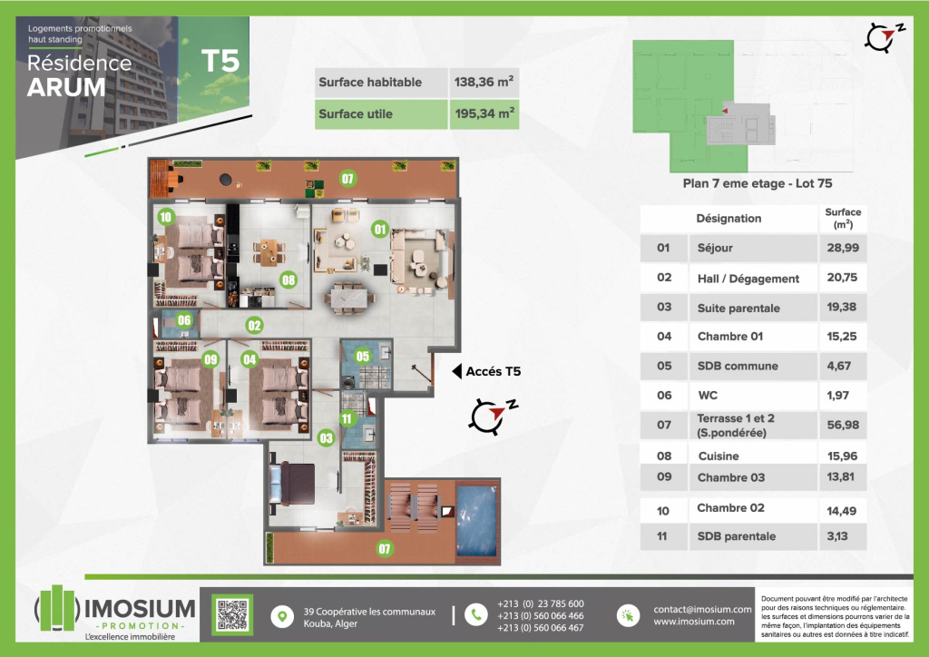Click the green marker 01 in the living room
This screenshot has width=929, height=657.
[380, 230]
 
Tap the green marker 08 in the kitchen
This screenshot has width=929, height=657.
[288, 279]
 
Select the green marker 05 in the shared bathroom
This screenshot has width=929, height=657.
[363, 356]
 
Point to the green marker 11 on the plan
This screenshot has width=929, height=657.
[347, 419]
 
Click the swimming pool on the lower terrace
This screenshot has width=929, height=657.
[475, 521]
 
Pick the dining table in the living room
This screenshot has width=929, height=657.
[350, 296]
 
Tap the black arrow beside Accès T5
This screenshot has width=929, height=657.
[457, 371]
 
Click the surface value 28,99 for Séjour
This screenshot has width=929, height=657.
[843, 248]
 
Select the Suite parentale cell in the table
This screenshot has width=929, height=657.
[738, 308]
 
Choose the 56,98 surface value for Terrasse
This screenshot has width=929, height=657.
[843, 425]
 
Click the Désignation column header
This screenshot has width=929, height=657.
[729, 219]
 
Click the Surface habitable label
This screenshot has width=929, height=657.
[370, 83]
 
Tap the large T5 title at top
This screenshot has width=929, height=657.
[220, 61]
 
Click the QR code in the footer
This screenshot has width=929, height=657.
[232, 614]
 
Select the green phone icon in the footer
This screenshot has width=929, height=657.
[475, 615]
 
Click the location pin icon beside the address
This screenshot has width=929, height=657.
[282, 617]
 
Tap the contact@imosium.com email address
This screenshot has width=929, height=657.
[703, 609]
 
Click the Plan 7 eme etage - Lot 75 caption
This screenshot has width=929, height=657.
[758, 183]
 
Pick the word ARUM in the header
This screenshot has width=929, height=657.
[66, 88]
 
